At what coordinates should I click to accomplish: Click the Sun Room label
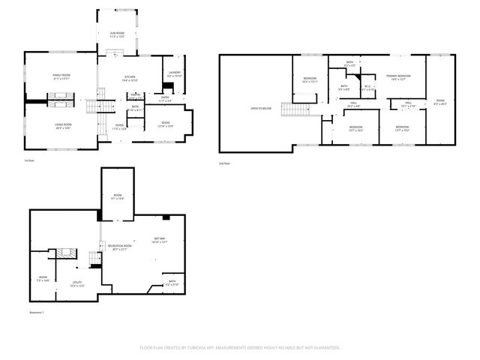pos(117,34)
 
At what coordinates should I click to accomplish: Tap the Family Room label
pos(61,76)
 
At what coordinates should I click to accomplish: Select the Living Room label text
pos(62,125)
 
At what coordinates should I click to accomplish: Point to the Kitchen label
pos(129,77)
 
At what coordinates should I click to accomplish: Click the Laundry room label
pos(174,73)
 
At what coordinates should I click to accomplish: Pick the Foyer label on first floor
pos(119,127)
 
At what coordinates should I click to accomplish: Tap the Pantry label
pos(135,95)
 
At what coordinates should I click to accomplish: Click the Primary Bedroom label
pos(398,76)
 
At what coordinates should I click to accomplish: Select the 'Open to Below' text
pos(259,109)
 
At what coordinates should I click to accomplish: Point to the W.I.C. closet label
pos(368,87)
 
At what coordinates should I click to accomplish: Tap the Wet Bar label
pos(158,239)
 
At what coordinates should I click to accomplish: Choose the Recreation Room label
pos(119,247)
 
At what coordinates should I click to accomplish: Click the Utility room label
pos(76,283)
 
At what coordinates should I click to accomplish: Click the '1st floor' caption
pos(28,160)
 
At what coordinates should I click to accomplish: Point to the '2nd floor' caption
pos(223,163)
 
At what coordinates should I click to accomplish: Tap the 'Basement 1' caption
pos(37,312)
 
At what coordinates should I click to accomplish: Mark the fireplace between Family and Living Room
pos(61,98)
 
